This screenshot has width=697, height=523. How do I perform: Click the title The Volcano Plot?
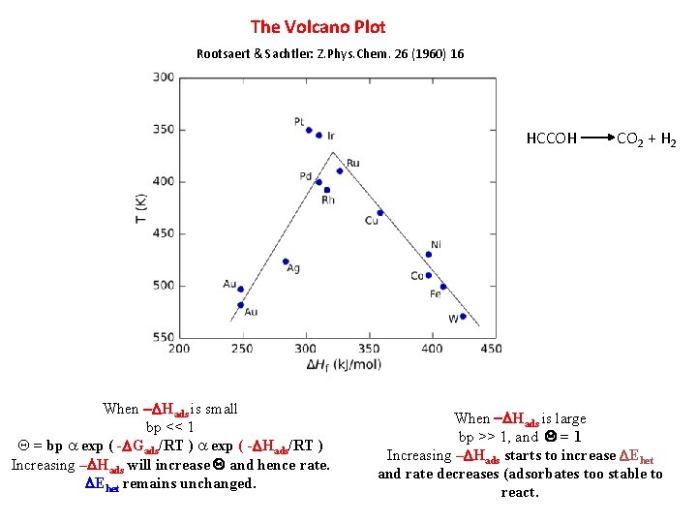(318, 27)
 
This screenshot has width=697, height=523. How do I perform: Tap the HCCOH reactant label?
(551, 139)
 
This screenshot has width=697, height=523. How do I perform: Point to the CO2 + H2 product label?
(647, 140)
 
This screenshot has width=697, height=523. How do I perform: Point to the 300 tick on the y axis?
(164, 77)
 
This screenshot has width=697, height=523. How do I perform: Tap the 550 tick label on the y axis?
(164, 337)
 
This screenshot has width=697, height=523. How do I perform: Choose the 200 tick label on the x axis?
(180, 348)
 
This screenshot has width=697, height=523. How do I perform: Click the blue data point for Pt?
(309, 130)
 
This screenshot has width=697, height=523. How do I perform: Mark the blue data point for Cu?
(380, 213)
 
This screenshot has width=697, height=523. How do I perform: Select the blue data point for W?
(463, 317)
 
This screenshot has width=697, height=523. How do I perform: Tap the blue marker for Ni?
(429, 255)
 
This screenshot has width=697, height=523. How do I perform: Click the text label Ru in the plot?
(352, 163)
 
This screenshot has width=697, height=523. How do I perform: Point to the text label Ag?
(293, 268)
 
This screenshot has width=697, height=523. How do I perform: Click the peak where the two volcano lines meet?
(332, 152)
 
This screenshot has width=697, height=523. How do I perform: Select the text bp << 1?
(170, 427)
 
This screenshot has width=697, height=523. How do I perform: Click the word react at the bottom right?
(520, 492)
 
